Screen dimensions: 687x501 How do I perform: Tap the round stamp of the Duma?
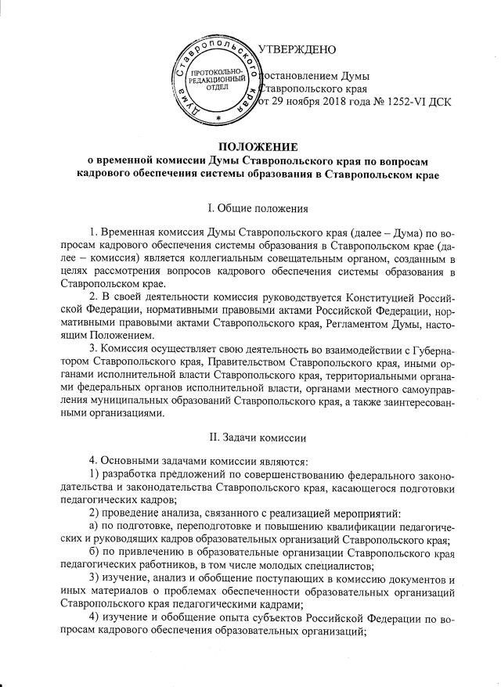218,78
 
